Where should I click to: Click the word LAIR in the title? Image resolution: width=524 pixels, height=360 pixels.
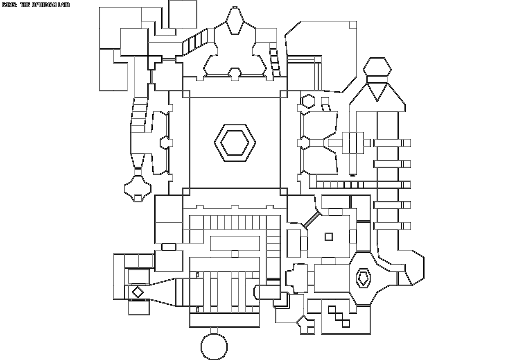[x=63, y=5]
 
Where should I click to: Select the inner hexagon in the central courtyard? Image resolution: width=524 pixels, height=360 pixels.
[x=235, y=143]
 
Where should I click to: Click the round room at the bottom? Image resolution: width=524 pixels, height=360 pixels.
[x=214, y=347]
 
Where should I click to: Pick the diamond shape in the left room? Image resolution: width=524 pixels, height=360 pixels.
[x=138, y=292]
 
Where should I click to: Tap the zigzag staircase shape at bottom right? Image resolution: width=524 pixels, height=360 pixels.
[x=339, y=316]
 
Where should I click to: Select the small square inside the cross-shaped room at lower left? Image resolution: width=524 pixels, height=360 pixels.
[x=138, y=198]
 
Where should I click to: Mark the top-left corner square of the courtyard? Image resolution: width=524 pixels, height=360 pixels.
[x=186, y=94]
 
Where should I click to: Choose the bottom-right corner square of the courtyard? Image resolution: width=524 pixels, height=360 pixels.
[x=283, y=191]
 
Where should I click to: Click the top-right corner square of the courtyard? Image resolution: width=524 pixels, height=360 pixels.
[x=283, y=94]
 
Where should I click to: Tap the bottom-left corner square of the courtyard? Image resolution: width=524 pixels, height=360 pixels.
[x=186, y=191]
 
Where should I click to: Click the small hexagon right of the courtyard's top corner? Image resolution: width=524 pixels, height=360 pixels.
[x=308, y=101]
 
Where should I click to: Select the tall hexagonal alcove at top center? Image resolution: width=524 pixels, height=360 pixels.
[x=235, y=21]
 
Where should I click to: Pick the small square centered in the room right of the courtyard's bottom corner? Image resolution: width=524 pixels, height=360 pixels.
[x=328, y=236]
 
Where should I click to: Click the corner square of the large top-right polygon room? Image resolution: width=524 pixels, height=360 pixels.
[x=352, y=25]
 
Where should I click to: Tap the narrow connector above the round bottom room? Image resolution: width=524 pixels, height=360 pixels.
[x=214, y=331]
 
